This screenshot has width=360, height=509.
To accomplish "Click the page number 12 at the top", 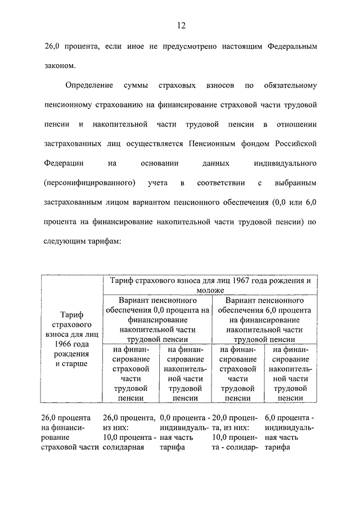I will [180, 25].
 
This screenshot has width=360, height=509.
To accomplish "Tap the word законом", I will [58, 66].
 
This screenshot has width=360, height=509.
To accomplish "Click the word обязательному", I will [290, 85].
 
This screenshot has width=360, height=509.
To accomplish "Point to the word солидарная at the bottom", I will [124, 448].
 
